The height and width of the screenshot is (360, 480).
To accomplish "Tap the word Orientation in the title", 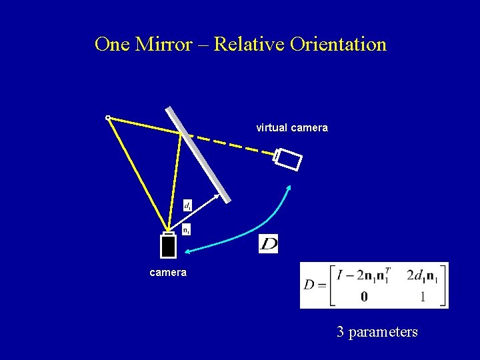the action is (x=338, y=45).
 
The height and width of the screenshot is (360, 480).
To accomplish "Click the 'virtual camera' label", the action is (x=293, y=127).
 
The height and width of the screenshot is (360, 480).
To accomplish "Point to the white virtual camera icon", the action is (x=289, y=160).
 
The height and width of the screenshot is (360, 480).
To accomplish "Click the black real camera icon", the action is (x=169, y=245).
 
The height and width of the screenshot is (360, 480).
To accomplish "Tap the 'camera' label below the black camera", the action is (x=168, y=272).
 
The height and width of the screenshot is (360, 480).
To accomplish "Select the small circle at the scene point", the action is (x=108, y=118).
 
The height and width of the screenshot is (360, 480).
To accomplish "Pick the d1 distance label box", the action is (x=188, y=206).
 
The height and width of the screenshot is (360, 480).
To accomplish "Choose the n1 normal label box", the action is (x=187, y=230).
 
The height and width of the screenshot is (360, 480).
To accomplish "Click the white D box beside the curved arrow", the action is (x=268, y=244).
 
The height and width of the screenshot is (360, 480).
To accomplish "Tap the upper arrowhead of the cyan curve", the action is (x=289, y=188).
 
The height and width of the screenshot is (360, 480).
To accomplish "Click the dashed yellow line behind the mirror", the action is (x=227, y=143).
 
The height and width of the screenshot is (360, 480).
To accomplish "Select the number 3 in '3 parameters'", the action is (x=341, y=331).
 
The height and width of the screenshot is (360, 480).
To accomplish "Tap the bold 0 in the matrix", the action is (x=363, y=297).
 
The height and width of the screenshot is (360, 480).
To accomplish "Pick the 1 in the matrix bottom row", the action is (x=423, y=297).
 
